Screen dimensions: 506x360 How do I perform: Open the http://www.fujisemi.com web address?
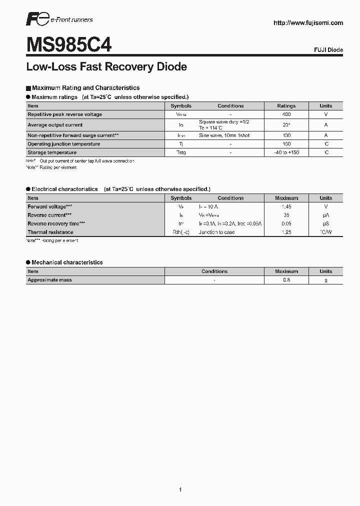pyautogui.click(x=308, y=22)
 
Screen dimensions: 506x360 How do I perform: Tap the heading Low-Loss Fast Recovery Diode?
pyautogui.click(x=106, y=66)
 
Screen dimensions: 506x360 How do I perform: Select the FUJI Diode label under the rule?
pyautogui.click(x=328, y=50)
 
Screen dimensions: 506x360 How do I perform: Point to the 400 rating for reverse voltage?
pyautogui.click(x=286, y=114)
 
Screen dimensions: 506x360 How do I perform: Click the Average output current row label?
pyautogui.click(x=55, y=125)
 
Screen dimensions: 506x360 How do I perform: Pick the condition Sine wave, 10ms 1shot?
pyautogui.click(x=224, y=135)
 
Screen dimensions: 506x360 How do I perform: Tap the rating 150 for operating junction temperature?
pyautogui.click(x=286, y=144)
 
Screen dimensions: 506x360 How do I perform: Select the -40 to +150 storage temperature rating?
pyautogui.click(x=286, y=152)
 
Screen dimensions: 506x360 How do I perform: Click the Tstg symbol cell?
pyautogui.click(x=180, y=152)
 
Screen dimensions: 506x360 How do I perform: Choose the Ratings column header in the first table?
pyautogui.click(x=286, y=106)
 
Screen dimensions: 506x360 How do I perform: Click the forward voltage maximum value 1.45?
pyautogui.click(x=286, y=206)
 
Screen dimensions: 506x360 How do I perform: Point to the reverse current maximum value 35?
pyautogui.click(x=286, y=215)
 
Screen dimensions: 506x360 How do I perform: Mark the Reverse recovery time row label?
pyautogui.click(x=56, y=223)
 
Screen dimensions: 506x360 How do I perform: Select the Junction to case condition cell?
pyautogui.click(x=216, y=232)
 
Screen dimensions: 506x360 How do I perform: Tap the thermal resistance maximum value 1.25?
pyautogui.click(x=286, y=232)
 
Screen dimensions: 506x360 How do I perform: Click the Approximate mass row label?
pyautogui.click(x=49, y=280)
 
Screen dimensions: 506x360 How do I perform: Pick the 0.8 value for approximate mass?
pyautogui.click(x=286, y=280)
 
